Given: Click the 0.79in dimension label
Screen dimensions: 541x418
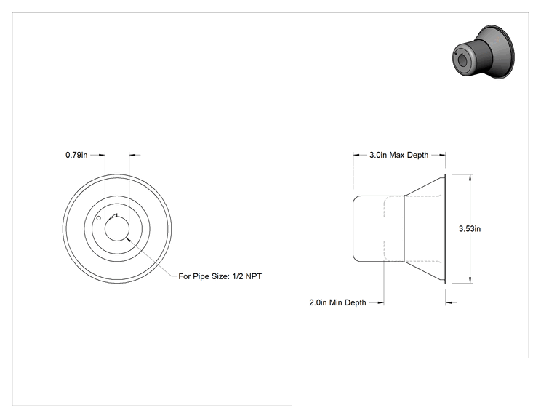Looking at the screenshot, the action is point(76,155).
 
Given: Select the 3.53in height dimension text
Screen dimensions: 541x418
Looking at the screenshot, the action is point(470,229).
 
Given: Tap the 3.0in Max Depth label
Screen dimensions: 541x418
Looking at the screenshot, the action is point(399,155).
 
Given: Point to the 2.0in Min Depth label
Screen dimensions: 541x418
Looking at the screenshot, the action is point(337,302).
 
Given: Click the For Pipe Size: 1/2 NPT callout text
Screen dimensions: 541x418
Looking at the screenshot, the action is point(220,276).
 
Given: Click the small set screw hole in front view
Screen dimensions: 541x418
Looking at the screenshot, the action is point(99,218).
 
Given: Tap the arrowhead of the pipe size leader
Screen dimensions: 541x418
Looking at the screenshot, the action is point(129,239).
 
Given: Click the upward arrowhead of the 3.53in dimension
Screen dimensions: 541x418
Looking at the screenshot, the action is point(470,177).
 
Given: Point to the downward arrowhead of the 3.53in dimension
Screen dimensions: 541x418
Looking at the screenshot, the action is point(470,280).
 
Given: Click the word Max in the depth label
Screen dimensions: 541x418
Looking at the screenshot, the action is point(397,155).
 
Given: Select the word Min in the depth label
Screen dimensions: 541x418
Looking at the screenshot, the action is point(336,302).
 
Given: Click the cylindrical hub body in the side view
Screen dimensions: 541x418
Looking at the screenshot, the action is point(379,229).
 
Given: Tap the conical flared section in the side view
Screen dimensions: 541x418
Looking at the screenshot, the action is point(424,229).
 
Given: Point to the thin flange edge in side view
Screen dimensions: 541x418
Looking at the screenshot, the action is point(444,229).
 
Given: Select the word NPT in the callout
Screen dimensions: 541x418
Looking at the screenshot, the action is point(254,276).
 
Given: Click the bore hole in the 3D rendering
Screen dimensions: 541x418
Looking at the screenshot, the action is point(461,60).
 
